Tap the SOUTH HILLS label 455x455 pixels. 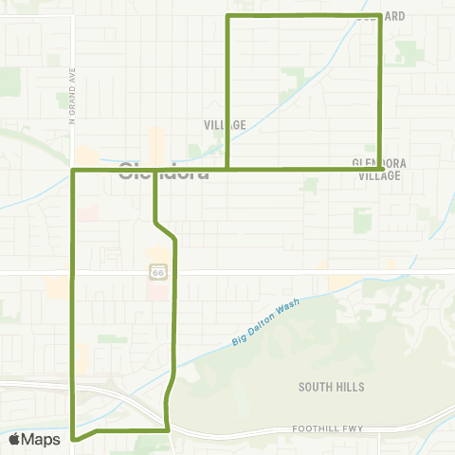331,387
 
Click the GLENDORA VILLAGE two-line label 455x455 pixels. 379,169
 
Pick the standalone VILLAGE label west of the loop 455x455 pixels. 225,124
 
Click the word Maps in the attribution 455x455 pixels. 42,439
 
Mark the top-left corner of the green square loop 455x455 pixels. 227,17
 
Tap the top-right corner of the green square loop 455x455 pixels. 380,16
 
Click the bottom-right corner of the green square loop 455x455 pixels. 380,169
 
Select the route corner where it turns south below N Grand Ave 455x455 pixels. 74,171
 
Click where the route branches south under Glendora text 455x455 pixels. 155,171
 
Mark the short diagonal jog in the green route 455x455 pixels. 166,230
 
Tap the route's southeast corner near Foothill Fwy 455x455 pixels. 168,429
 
